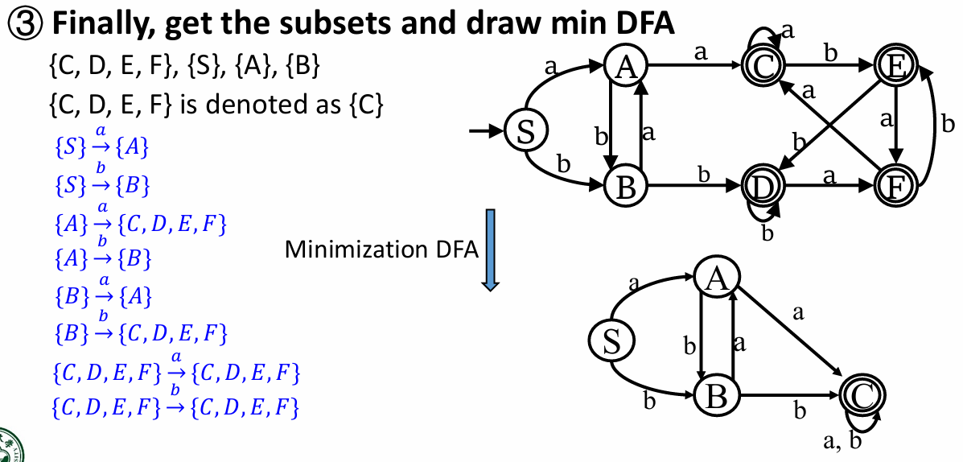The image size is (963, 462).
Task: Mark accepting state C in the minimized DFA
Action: [x=860, y=394]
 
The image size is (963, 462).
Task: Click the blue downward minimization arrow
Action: [x=490, y=250]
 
